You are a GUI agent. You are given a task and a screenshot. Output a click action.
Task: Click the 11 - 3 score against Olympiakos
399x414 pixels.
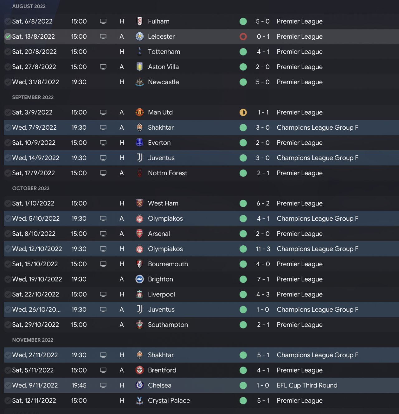click(263, 249)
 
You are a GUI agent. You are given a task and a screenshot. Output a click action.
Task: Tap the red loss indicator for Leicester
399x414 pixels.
click(243, 36)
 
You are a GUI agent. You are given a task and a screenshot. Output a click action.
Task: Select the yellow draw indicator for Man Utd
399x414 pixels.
click(243, 112)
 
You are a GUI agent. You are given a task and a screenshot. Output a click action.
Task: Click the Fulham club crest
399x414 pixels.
click(140, 21)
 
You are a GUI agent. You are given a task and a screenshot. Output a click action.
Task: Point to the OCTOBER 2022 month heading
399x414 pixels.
click(31, 188)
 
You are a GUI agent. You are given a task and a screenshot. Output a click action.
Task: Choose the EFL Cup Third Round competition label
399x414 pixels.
click(307, 385)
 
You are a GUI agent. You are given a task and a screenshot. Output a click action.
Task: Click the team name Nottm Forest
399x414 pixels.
click(167, 173)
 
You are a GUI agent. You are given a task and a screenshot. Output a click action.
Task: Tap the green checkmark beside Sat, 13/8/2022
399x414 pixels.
click(8, 36)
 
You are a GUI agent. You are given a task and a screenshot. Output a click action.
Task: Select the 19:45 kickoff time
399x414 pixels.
click(79, 385)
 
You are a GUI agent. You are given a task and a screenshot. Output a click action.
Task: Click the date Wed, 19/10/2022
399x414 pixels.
click(37, 279)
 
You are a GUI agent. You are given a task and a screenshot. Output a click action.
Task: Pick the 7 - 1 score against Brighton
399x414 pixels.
click(263, 279)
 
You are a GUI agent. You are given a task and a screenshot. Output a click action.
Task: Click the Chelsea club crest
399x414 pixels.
click(140, 385)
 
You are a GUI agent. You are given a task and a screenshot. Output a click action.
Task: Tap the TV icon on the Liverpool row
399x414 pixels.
click(103, 294)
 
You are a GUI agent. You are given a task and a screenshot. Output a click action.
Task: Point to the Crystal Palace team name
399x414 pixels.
click(169, 401)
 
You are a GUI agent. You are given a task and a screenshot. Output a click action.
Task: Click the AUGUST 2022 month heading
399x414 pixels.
click(29, 6)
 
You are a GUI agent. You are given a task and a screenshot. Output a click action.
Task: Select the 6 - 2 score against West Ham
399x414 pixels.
click(263, 203)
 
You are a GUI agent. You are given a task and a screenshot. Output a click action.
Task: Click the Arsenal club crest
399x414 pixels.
click(140, 233)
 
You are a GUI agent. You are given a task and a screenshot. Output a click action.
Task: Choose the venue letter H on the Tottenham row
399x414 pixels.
click(122, 52)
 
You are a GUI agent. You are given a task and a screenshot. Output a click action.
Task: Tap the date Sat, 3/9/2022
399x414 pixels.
click(32, 112)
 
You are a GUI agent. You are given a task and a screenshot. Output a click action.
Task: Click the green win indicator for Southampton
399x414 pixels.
click(243, 325)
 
